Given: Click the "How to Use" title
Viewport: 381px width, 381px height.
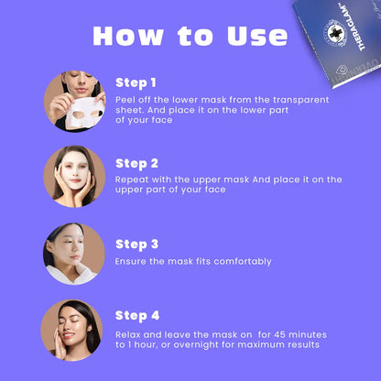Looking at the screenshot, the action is [x=190, y=36].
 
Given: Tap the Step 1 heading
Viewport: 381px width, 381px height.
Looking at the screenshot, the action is [x=136, y=83].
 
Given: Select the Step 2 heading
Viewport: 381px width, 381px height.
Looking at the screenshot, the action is [x=136, y=164].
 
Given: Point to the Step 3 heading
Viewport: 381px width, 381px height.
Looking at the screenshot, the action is [x=136, y=245].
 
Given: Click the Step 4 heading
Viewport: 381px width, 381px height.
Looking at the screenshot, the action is [x=137, y=316].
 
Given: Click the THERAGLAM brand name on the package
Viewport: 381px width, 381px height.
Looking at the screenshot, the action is [x=354, y=27].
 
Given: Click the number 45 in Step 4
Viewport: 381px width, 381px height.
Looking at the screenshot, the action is [x=279, y=334].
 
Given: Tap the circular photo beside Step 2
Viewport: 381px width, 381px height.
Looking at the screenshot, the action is [x=74, y=177].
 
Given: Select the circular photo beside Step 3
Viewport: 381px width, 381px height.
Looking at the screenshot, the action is [x=74, y=254].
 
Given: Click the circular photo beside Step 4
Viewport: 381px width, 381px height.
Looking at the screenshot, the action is [x=71, y=331].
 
